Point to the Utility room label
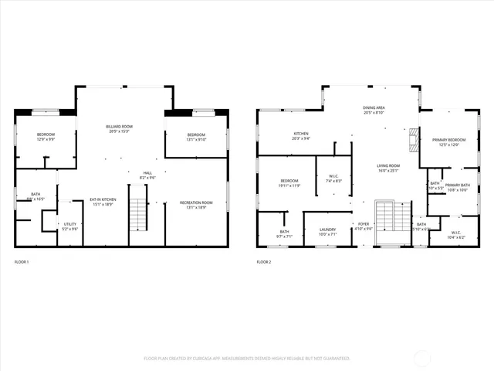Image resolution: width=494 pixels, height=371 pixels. click(70, 226)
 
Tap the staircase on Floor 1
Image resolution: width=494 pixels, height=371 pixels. click(137, 211)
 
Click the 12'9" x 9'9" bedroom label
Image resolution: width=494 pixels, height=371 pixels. click(46, 137)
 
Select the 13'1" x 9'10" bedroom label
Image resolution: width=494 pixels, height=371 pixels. click(196, 137)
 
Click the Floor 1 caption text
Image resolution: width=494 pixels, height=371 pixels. click(22, 262)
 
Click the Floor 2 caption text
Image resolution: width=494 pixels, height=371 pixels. click(264, 262)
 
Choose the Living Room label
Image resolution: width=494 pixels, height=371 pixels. click(387, 168)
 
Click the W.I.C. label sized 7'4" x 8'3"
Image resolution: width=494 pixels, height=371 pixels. click(334, 178)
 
